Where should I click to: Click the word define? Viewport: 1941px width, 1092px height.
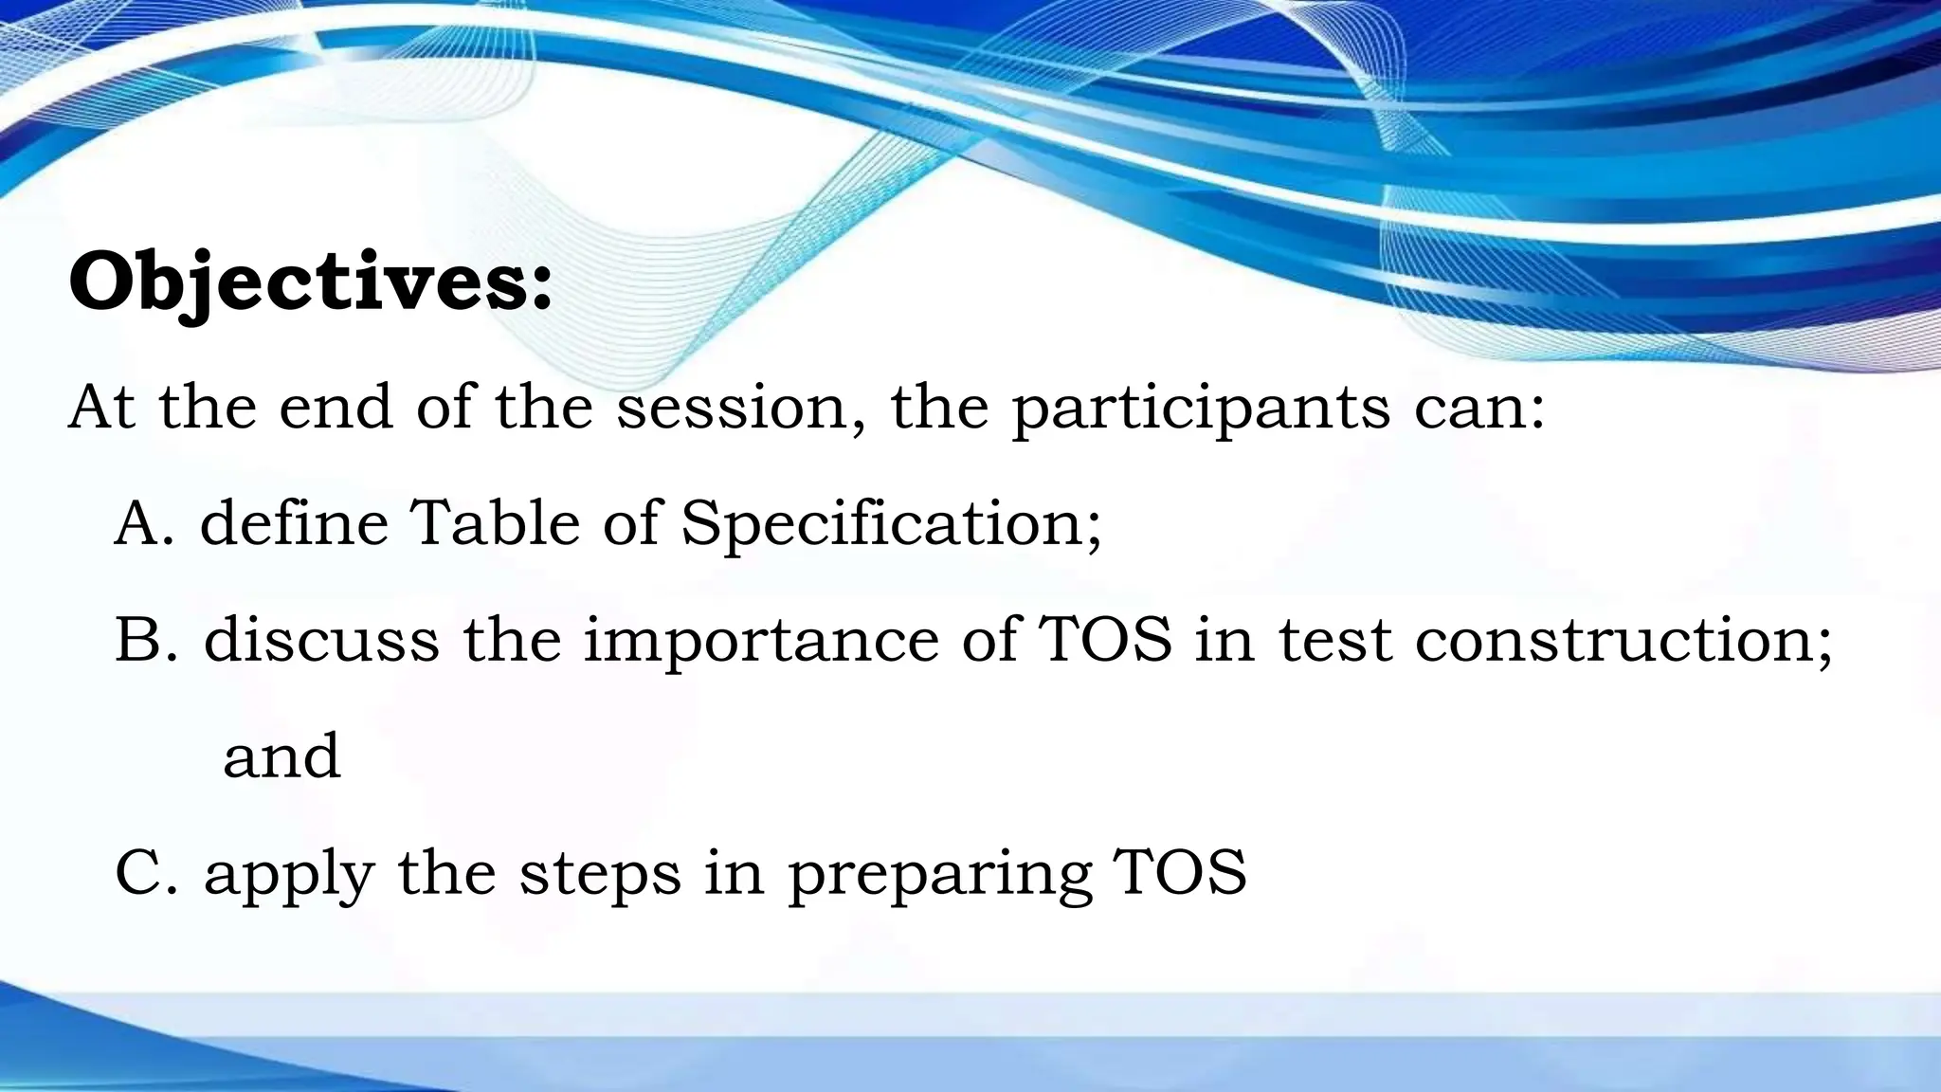(295, 523)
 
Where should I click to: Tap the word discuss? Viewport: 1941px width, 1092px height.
(321, 640)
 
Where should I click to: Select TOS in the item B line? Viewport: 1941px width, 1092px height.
(1106, 640)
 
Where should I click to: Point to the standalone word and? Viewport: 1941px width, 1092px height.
(281, 755)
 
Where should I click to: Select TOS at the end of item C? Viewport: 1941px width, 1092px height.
(1180, 872)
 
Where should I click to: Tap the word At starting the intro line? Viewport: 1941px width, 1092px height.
(102, 408)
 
